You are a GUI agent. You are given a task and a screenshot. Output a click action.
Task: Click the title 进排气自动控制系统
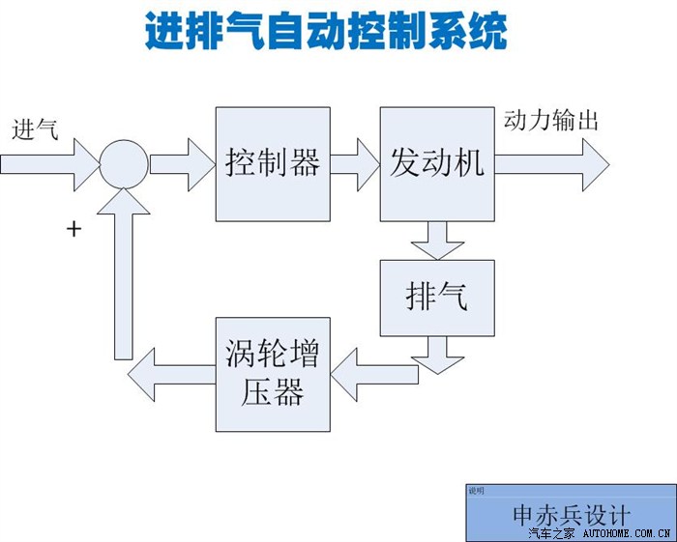tap(326, 32)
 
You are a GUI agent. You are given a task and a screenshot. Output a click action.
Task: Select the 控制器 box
tap(272, 164)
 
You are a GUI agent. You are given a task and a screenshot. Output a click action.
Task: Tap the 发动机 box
tap(436, 164)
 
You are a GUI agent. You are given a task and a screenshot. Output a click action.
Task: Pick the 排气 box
tap(436, 298)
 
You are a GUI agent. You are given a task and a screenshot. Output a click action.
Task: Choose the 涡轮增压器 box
tap(272, 373)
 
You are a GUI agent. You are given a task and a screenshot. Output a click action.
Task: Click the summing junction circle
tap(123, 161)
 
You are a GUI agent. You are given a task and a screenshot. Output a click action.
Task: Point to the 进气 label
tap(35, 129)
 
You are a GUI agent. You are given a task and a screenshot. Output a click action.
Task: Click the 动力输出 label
tap(551, 121)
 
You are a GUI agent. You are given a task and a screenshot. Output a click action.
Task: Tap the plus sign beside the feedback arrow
tap(73, 229)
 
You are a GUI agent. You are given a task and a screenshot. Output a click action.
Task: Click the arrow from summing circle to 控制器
tap(182, 161)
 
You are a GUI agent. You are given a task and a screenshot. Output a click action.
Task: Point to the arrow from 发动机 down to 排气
tap(436, 240)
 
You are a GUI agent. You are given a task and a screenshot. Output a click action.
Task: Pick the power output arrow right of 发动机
tap(551, 162)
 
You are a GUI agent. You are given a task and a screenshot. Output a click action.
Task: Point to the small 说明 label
tap(477, 491)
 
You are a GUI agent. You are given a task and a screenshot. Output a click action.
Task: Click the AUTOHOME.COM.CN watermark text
tap(628, 533)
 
